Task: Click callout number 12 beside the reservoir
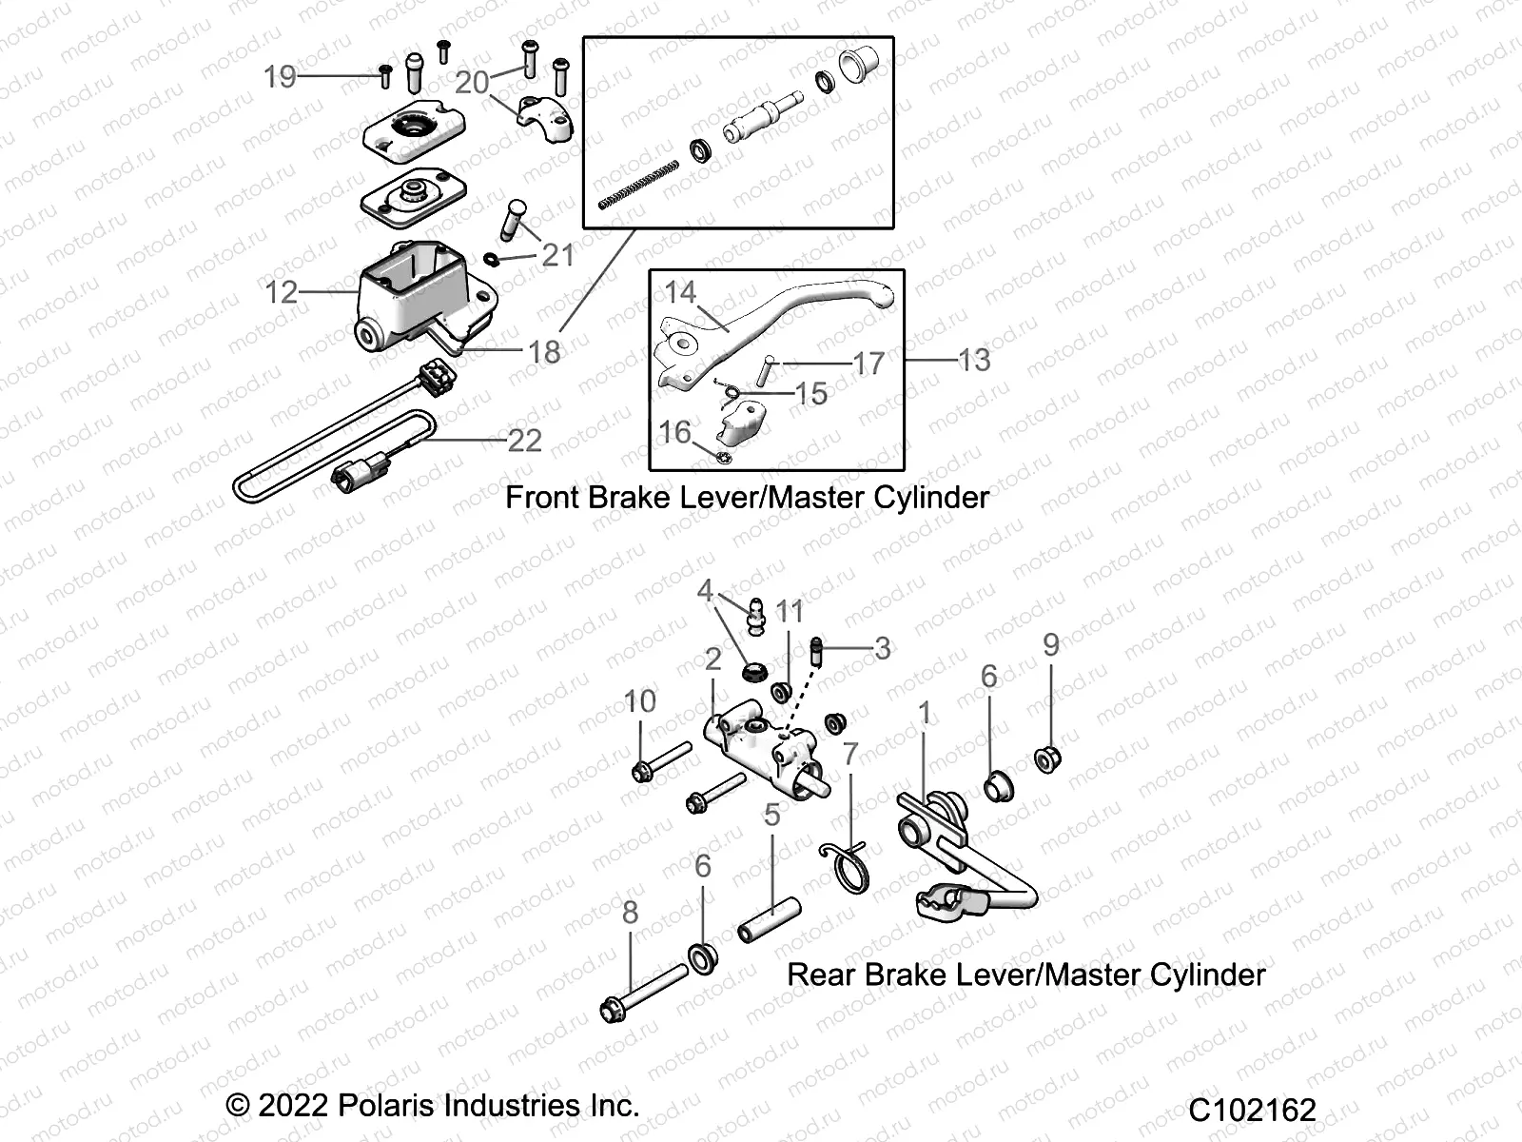pos(282,292)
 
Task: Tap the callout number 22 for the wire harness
pos(524,441)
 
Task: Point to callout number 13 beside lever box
pos(974,360)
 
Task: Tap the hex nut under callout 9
pos(1048,759)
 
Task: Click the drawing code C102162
pos(1252,1110)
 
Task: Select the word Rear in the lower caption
pos(823,975)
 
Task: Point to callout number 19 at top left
pos(280,76)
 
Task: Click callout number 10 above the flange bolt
pos(639,701)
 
